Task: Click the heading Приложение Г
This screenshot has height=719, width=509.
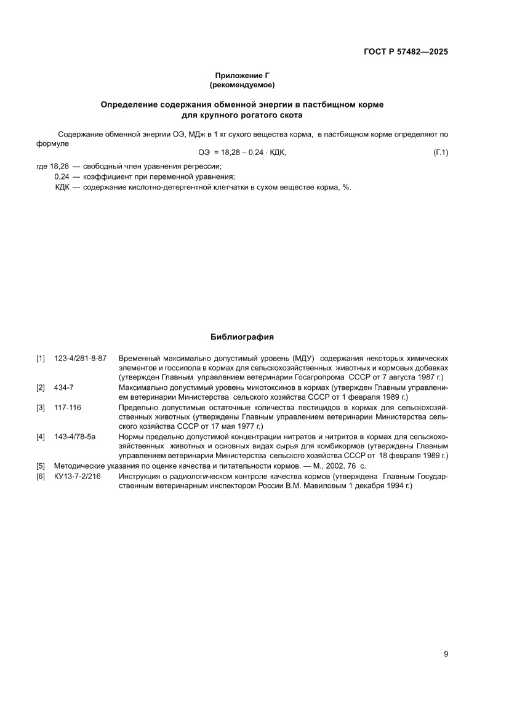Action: pyautogui.click(x=242, y=75)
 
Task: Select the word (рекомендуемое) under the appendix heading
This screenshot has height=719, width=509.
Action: pyautogui.click(x=242, y=84)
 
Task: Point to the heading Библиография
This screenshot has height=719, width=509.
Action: pyautogui.click(x=242, y=337)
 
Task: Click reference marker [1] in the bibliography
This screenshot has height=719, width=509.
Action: pyautogui.click(x=41, y=358)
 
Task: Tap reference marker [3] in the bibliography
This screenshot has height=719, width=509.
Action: pyautogui.click(x=41, y=407)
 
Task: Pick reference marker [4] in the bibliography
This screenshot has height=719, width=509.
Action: pyautogui.click(x=41, y=437)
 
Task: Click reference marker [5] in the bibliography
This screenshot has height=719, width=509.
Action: pyautogui.click(x=41, y=466)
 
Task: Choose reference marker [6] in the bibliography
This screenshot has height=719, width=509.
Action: pyautogui.click(x=41, y=477)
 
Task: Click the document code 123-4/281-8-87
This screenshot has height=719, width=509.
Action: pyautogui.click(x=81, y=358)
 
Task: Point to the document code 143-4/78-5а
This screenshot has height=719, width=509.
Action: pyautogui.click(x=75, y=437)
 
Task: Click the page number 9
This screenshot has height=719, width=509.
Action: pyautogui.click(x=446, y=654)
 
